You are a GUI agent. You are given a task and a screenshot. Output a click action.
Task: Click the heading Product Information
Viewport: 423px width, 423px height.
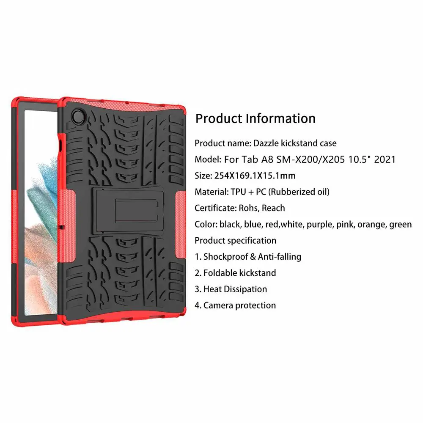(255, 118)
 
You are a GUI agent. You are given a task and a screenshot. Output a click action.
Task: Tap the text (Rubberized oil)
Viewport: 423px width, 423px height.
(299, 192)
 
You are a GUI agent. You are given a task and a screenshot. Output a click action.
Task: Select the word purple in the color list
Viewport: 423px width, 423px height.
(320, 224)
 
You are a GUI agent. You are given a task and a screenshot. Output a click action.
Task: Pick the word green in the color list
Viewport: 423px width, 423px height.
(400, 224)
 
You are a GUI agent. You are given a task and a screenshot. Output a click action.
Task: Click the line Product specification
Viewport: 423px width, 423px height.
(235, 241)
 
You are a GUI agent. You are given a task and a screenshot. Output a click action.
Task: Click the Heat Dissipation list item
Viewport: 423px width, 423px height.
(235, 289)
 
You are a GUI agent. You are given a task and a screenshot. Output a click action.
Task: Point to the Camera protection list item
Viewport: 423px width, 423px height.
(239, 305)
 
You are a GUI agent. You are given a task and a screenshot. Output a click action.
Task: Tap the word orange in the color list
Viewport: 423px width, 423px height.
(370, 224)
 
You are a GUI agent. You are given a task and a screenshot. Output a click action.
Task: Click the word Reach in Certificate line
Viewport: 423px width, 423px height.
(273, 208)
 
